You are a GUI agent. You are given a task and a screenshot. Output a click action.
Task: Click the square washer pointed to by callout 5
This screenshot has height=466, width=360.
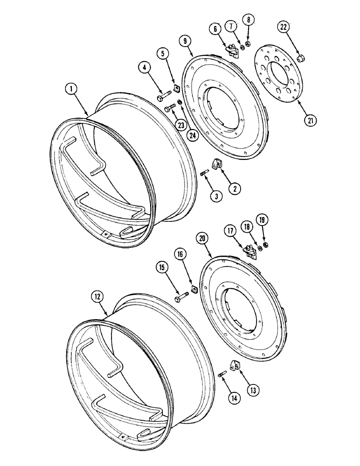(x=177, y=87)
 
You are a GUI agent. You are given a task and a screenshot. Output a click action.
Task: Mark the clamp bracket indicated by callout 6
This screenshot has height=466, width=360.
(x=232, y=49)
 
